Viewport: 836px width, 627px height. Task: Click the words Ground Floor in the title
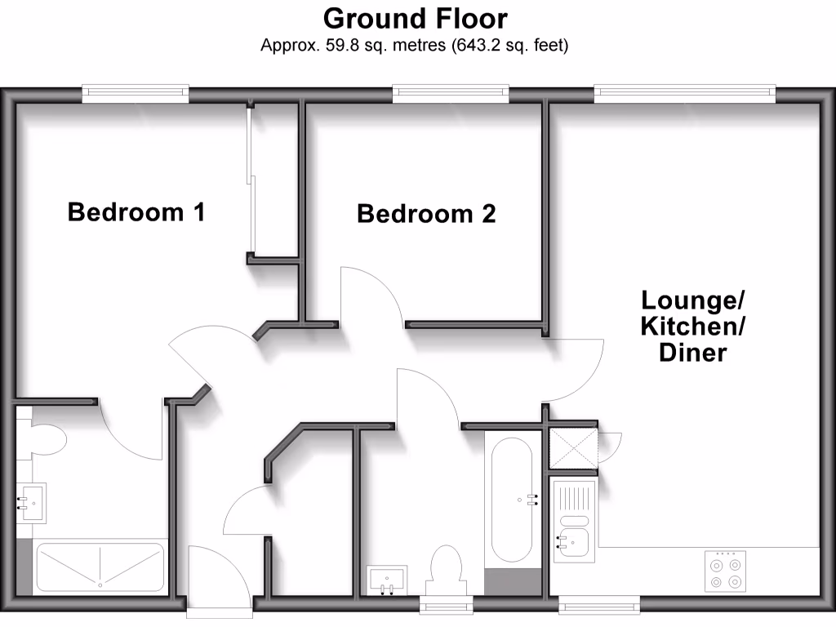415,18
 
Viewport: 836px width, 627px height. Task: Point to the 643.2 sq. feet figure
509,46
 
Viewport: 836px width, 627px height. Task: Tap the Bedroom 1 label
136,212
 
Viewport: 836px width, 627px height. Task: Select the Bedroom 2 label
426,214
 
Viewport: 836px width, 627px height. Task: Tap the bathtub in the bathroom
512,499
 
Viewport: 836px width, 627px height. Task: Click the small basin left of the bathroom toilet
386,579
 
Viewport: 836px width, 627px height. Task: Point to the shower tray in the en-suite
100,566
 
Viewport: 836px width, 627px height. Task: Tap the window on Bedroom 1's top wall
136,94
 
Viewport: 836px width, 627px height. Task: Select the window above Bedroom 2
451,94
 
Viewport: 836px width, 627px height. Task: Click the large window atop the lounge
684,94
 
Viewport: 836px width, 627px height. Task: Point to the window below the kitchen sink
598,605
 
